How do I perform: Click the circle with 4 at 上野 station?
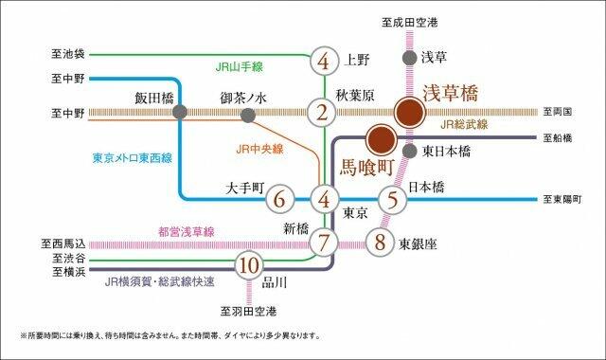pyautogui.click(x=324, y=61)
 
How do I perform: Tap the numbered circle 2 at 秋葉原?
pyautogui.click(x=324, y=114)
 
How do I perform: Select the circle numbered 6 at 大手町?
pyautogui.click(x=278, y=200)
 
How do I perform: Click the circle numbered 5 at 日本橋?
pyautogui.click(x=392, y=200)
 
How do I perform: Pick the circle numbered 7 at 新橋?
pyautogui.click(x=324, y=242)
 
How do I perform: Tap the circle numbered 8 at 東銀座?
pyautogui.click(x=380, y=242)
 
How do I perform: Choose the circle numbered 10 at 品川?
pyautogui.click(x=248, y=264)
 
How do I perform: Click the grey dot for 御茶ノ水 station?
pyautogui.click(x=248, y=114)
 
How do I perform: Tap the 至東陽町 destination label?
pyautogui.click(x=565, y=200)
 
